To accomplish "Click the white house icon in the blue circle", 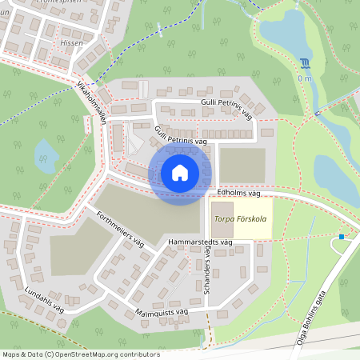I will pos(180,173).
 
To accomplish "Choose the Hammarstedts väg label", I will pos(199,241).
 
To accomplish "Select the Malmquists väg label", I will pos(161,312).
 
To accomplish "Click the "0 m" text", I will pos(305,78).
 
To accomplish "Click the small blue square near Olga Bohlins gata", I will pos(342,236).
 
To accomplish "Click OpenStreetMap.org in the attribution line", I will pos(89,354).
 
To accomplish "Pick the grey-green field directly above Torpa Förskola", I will pos(240,165).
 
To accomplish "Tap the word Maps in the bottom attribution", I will pos(11,354).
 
